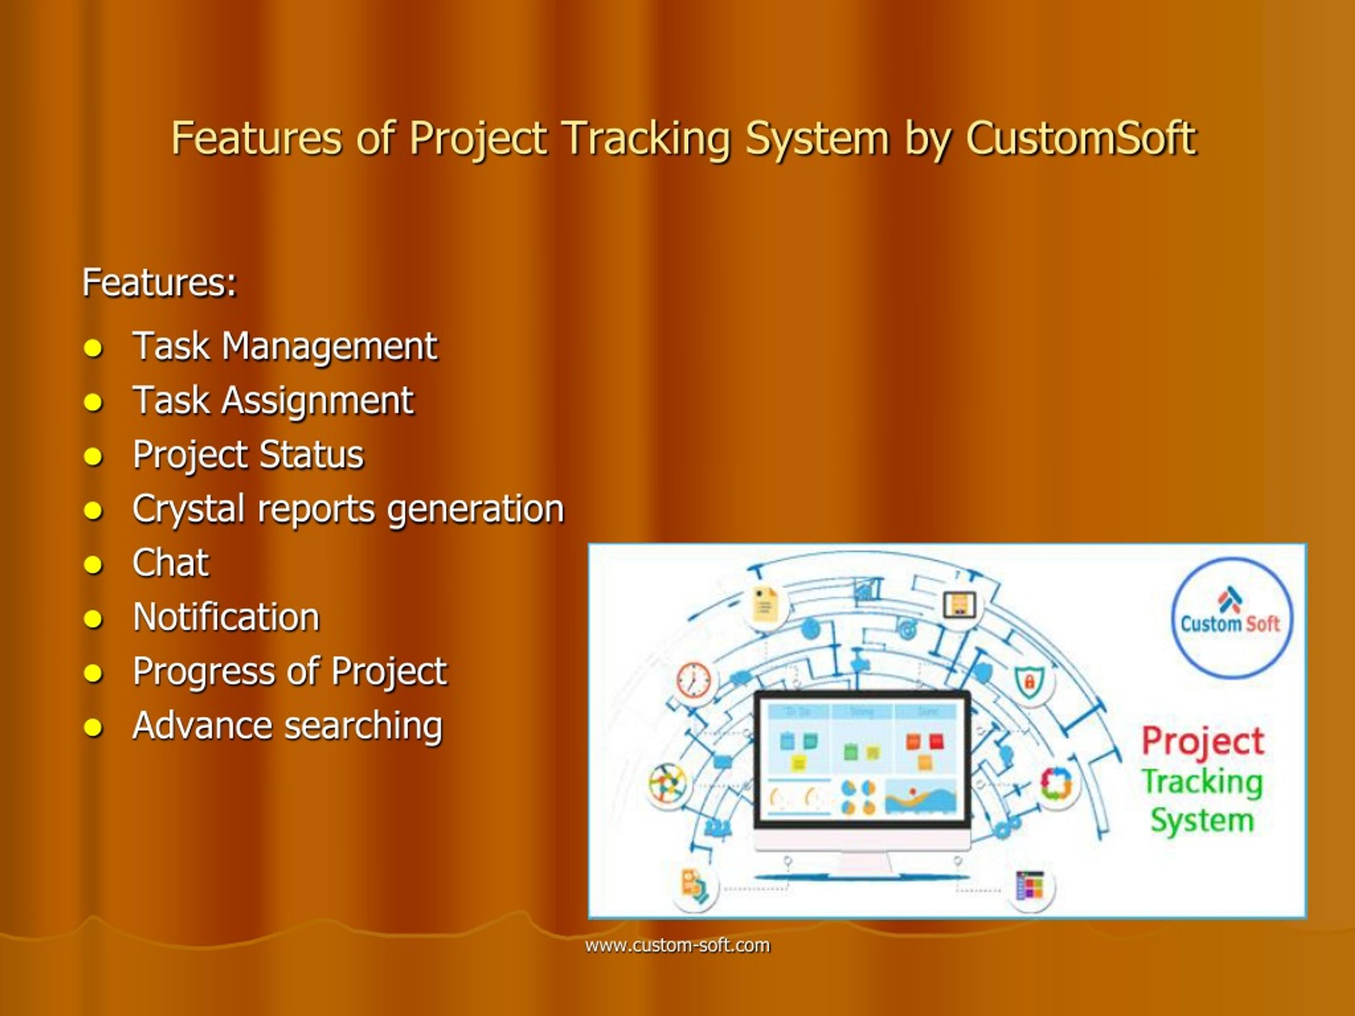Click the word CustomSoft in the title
click(1081, 138)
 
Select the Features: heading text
click(159, 283)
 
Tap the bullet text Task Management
click(285, 346)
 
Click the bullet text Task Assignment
click(273, 401)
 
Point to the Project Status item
click(248, 455)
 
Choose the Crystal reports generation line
click(348, 509)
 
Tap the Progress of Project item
click(290, 670)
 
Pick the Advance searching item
click(287, 725)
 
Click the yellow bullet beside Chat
click(93, 565)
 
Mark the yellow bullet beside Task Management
click(93, 349)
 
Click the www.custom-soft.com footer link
click(677, 945)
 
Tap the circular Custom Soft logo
click(1231, 618)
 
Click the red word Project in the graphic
click(1203, 741)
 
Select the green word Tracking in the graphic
click(1202, 782)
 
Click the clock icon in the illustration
click(693, 679)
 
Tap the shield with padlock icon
click(1029, 681)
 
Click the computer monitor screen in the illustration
click(861, 760)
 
